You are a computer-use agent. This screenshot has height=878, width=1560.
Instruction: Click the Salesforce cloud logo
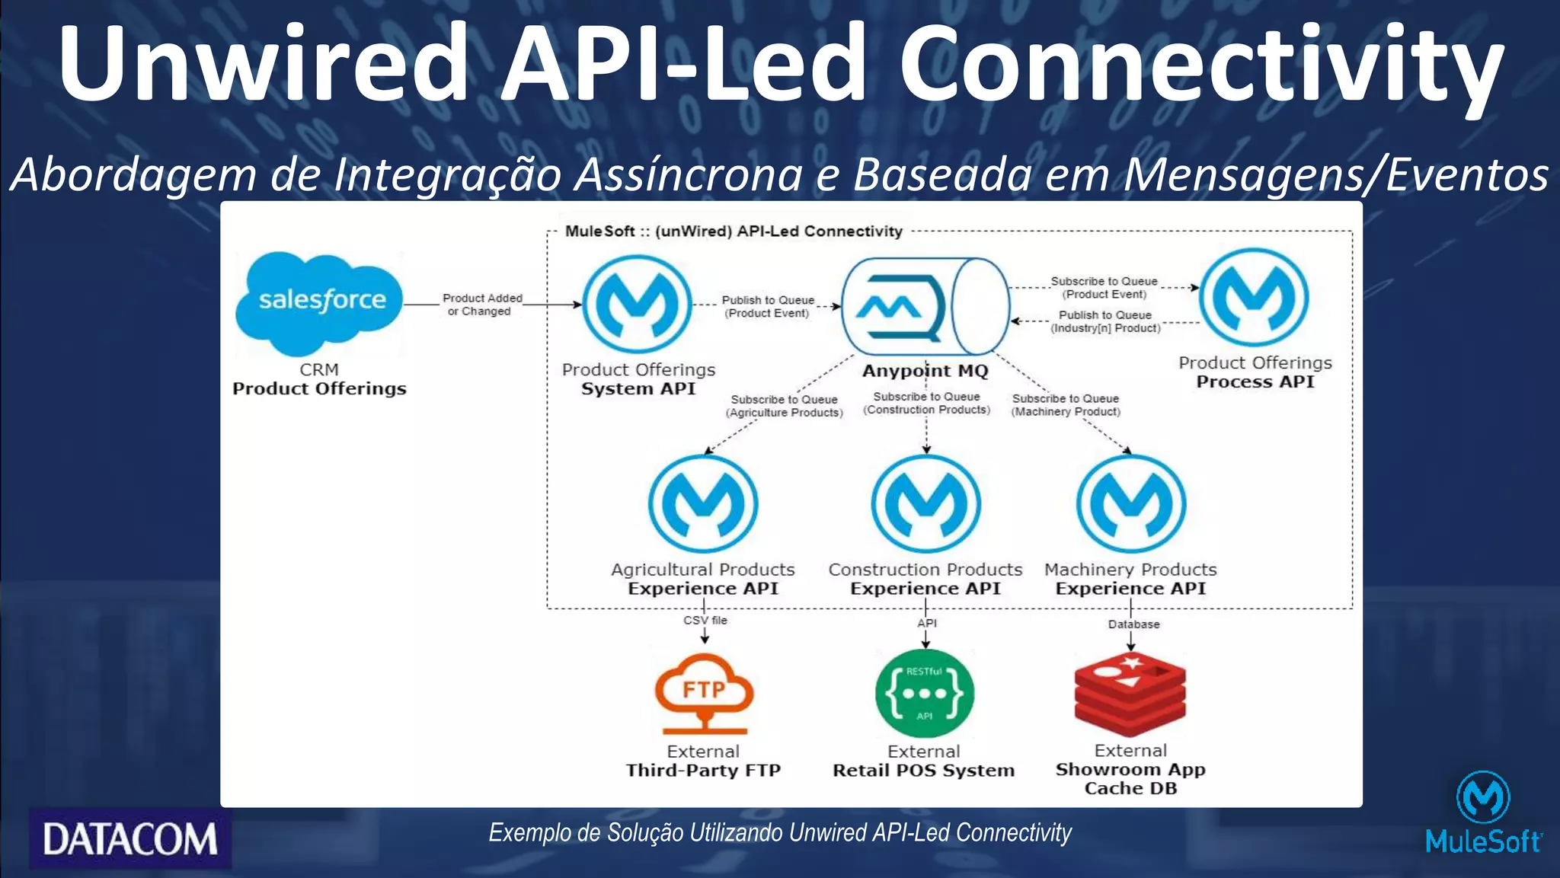pos(319,302)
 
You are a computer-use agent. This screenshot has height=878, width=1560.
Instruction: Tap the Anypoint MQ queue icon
pos(925,307)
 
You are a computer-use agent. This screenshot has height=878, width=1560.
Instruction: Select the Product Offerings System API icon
pos(637,304)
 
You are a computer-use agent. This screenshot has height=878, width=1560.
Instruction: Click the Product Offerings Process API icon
pos(1254,298)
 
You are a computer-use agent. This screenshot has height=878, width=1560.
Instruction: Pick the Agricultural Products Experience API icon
pos(703,503)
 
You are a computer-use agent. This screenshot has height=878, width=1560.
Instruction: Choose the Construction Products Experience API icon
pos(925,503)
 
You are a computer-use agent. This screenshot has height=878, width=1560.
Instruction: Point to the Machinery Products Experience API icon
pos(1131,503)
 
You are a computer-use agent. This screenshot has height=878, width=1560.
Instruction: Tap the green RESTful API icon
pos(925,693)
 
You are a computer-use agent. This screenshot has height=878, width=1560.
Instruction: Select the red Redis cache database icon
pos(1130,693)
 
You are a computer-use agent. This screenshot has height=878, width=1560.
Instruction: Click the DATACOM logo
pos(130,839)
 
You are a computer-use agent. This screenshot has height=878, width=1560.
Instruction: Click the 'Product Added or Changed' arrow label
pos(481,305)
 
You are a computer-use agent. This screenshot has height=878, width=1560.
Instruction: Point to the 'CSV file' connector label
pos(705,621)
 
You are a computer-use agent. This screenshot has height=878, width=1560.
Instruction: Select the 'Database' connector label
pos(1133,624)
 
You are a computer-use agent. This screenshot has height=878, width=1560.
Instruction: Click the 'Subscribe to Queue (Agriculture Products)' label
pos(784,406)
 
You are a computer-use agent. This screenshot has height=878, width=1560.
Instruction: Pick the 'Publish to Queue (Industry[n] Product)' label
pos(1105,321)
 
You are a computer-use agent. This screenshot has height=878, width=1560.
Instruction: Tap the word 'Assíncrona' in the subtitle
pos(688,174)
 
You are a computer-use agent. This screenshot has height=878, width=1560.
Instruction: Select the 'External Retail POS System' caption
pos(924,761)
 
